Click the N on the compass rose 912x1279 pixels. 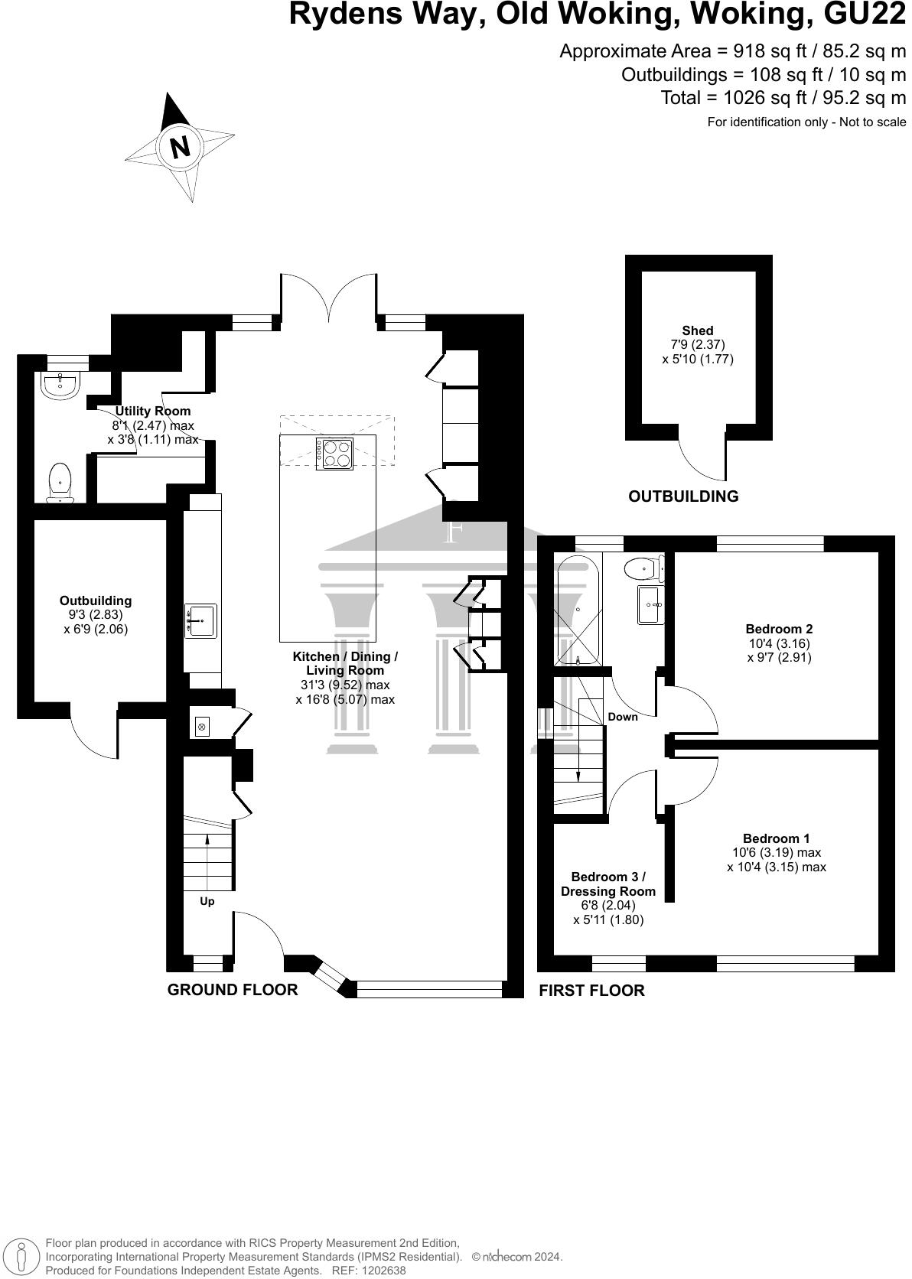[180, 146]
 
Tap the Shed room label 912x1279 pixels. [698, 330]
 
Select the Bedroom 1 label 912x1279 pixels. [776, 838]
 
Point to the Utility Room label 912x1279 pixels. [153, 412]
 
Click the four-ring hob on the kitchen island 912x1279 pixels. [334, 453]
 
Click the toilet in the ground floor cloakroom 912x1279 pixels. [60, 483]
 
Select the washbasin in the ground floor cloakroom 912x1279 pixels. [60, 385]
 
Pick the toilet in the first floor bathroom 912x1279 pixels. [641, 569]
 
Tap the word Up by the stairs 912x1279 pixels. [207, 901]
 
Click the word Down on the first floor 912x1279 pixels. [623, 717]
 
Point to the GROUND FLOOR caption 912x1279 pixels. [233, 990]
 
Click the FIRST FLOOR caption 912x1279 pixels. [591, 991]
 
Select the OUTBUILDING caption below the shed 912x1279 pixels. [683, 496]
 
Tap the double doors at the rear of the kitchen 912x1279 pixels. [328, 298]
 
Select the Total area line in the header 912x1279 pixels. [783, 98]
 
